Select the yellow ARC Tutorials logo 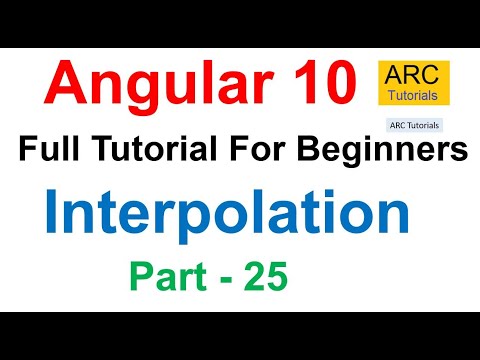pyautogui.click(x=414, y=85)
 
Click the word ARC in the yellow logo pyautogui.click(x=414, y=74)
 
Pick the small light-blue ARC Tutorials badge pyautogui.click(x=413, y=126)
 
